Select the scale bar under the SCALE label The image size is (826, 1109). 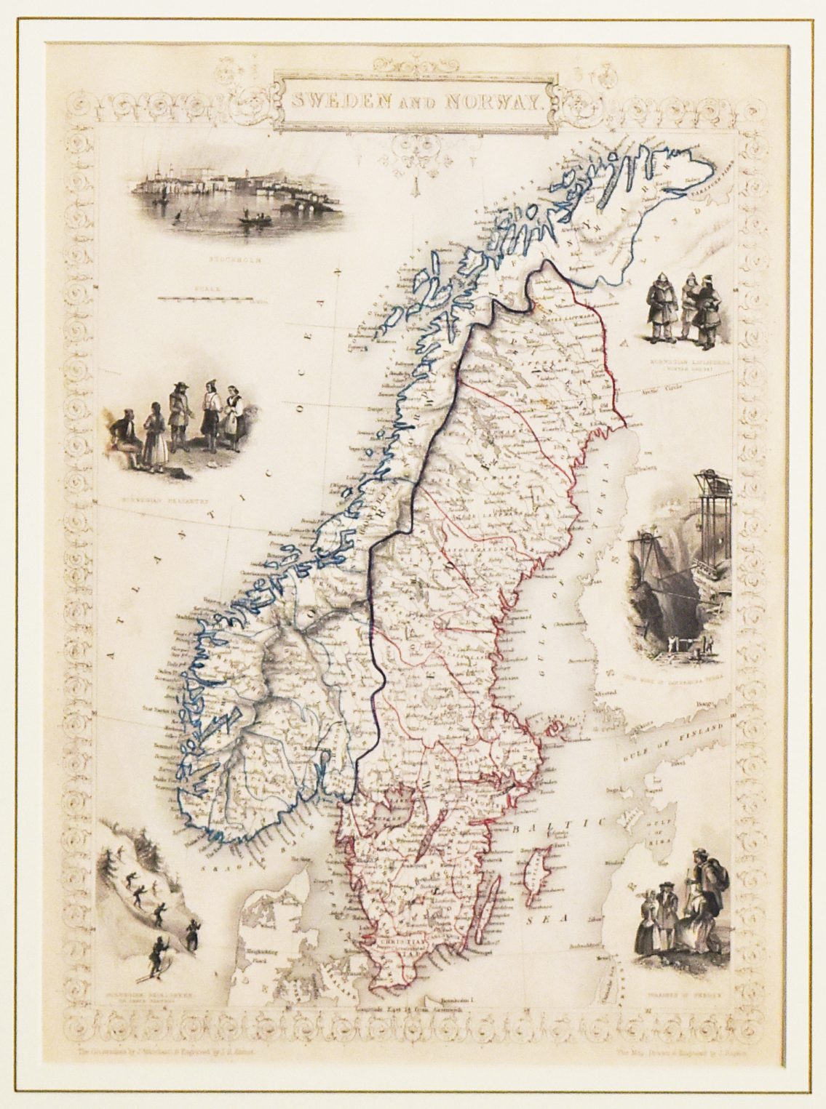tap(206, 298)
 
